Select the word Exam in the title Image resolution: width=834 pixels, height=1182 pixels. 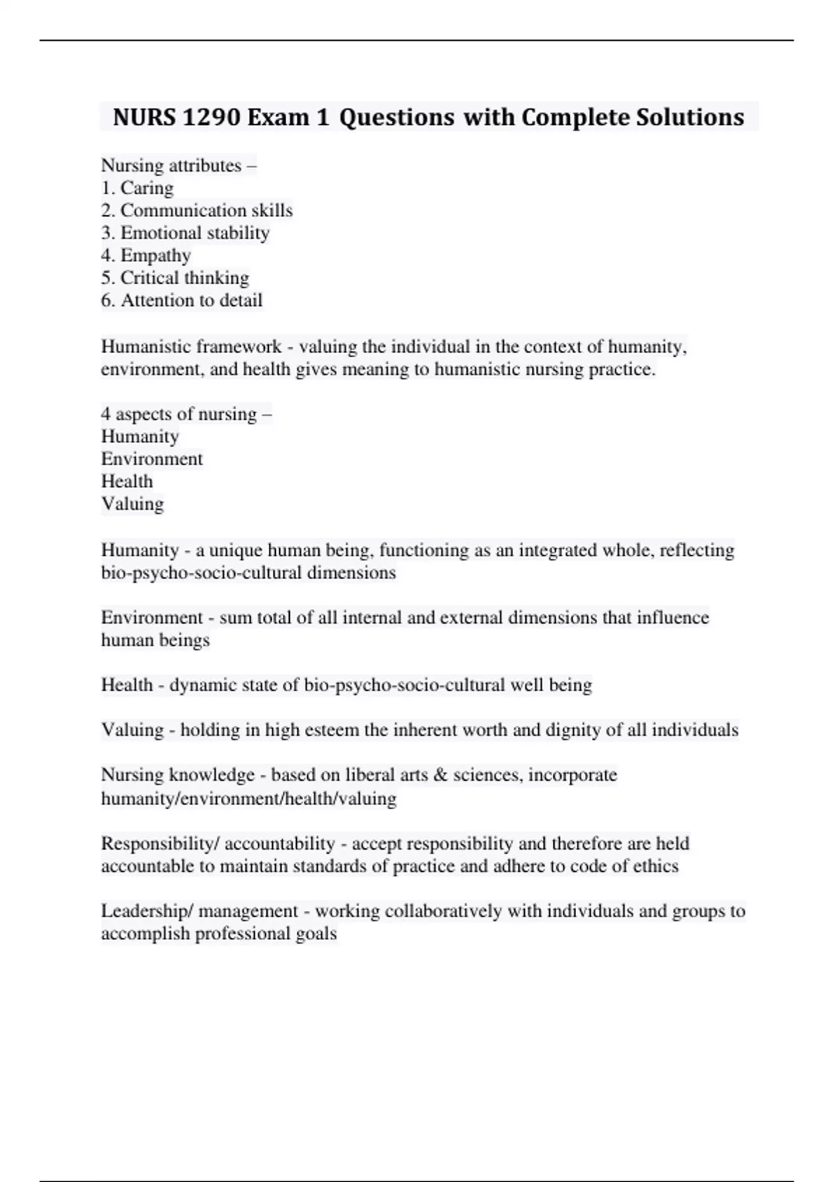tap(278, 117)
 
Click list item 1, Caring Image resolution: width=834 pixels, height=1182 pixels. tap(138, 188)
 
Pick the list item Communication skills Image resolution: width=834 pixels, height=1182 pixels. tap(197, 210)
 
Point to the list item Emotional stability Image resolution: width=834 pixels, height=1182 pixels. tap(186, 233)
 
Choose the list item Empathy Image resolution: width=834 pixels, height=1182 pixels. tap(146, 255)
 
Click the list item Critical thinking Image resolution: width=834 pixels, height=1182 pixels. tap(175, 277)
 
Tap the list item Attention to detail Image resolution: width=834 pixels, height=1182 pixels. tap(182, 300)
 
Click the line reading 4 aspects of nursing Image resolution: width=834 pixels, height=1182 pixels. tap(186, 414)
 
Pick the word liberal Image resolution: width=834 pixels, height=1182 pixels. tap(370, 775)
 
